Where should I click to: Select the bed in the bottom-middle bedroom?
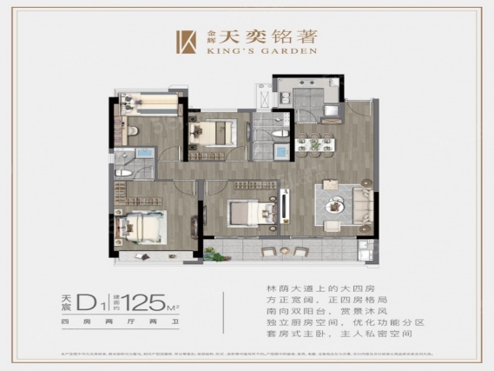[x=250, y=214]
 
